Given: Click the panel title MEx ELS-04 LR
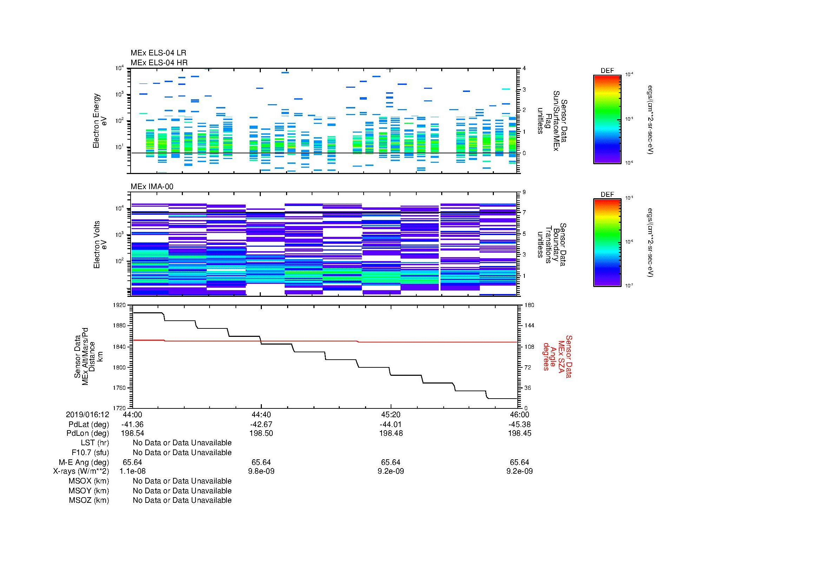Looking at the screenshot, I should tap(158, 53).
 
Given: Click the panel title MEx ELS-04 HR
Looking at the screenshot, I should tap(159, 62).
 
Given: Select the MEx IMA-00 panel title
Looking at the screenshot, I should tap(152, 187).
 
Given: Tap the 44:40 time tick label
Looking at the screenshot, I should tap(261, 414).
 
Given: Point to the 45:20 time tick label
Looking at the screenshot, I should tap(391, 414).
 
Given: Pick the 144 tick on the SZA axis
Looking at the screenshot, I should tap(529, 326).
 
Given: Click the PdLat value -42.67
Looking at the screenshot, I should tap(261, 425).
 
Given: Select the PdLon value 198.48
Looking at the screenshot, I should tap(391, 433).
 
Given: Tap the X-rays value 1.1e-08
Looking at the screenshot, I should tap(132, 471).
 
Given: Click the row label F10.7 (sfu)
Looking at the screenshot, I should tap(90, 453).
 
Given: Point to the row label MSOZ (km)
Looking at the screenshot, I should tap(89, 500).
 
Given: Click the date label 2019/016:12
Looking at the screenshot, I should tap(87, 414).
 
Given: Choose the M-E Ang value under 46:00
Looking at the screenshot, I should tap(519, 462).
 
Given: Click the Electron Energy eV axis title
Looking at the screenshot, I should tap(100, 121).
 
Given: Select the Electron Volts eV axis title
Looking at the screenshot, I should tap(100, 245).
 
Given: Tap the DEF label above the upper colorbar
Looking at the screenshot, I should tap(607, 71).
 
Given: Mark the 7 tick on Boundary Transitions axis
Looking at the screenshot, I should tap(524, 213).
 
